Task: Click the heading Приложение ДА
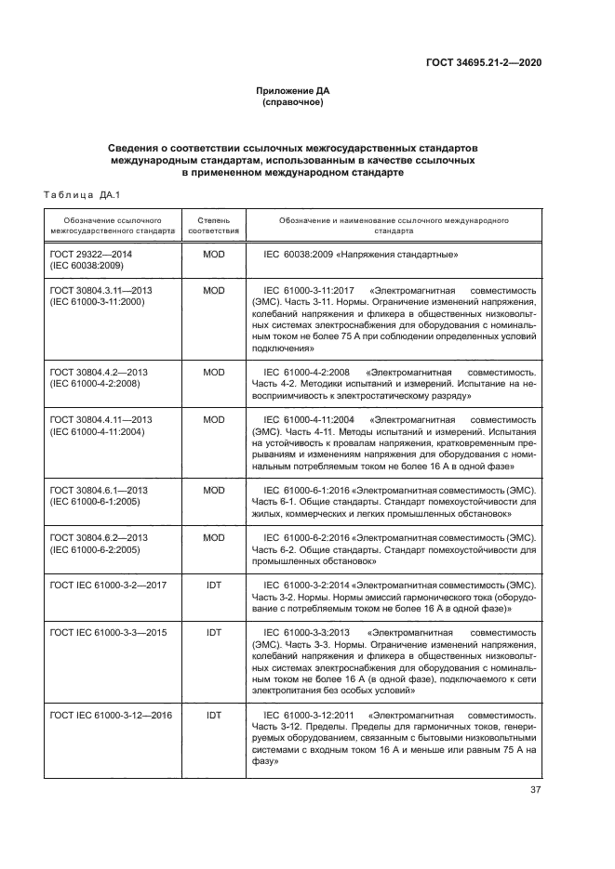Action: click(293, 90)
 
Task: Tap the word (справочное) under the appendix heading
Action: click(293, 102)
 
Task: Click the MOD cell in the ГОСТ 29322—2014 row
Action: click(214, 254)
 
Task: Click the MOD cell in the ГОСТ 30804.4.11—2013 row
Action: click(214, 419)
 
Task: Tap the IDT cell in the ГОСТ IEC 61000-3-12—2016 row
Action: click(214, 715)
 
